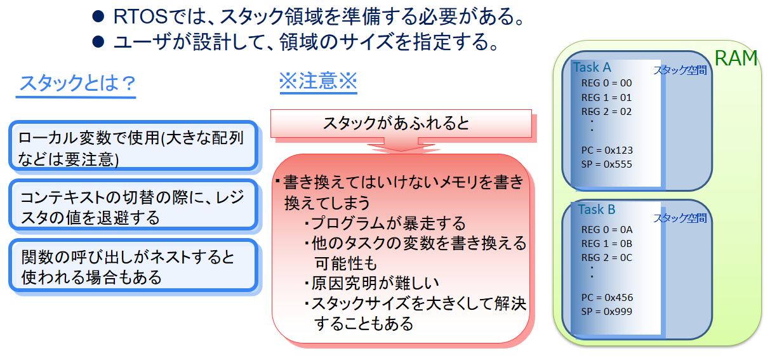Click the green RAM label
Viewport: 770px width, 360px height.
coord(736,58)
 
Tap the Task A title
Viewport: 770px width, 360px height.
coord(592,67)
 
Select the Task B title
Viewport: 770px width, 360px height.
coord(597,210)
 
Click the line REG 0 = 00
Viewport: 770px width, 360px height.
coord(606,83)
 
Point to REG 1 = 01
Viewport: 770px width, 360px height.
coord(606,98)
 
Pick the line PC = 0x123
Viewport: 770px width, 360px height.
coord(607,150)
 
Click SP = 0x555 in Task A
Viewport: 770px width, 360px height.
coord(606,164)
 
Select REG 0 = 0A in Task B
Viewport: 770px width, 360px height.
coord(607,230)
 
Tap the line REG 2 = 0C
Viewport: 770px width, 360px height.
coord(607,258)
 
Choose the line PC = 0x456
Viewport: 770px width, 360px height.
coord(607,297)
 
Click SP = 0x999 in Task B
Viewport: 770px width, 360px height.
coord(607,312)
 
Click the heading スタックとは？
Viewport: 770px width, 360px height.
coord(77,84)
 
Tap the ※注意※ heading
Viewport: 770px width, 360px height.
coord(318,81)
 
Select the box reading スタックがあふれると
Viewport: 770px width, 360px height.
coord(401,123)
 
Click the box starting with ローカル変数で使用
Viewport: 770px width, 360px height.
coord(133,145)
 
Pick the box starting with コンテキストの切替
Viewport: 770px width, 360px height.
coord(133,204)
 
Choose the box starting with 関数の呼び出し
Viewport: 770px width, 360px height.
coord(133,265)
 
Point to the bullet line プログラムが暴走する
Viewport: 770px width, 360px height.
coord(385,223)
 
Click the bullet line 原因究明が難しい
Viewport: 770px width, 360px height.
coord(371,283)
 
